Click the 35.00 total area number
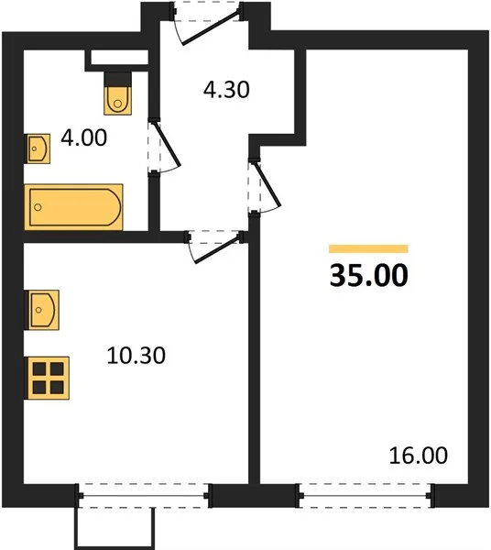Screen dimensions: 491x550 (x=369, y=275)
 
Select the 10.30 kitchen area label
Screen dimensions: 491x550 (x=136, y=356)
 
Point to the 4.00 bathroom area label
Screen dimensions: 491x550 (x=83, y=137)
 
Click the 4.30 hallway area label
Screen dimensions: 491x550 (x=226, y=89)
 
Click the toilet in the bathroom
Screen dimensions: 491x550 (x=118, y=101)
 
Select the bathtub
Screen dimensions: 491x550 (x=73, y=207)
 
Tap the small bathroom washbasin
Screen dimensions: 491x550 (x=38, y=148)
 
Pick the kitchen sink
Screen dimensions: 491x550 (x=43, y=310)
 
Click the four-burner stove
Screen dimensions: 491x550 (x=49, y=378)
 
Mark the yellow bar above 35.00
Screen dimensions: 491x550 (x=368, y=248)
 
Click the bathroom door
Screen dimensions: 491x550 (x=166, y=147)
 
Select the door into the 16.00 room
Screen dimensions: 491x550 (x=266, y=186)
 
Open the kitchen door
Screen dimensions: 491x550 (x=214, y=247)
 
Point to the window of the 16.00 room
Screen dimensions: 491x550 (x=366, y=496)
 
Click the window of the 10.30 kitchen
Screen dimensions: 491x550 (x=144, y=496)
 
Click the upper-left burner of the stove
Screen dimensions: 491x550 (x=39, y=369)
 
